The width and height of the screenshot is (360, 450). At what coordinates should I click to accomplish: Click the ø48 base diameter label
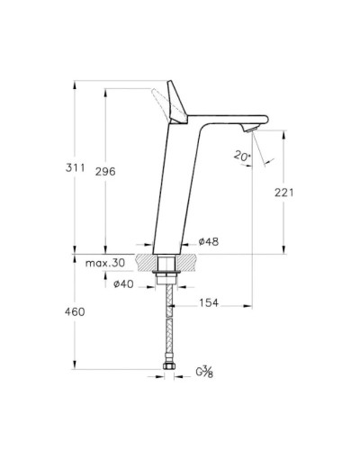pyautogui.click(x=208, y=242)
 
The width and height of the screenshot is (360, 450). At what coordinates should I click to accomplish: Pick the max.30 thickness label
pyautogui.click(x=105, y=262)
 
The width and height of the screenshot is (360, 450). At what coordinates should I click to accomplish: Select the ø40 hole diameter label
pyautogui.click(x=125, y=284)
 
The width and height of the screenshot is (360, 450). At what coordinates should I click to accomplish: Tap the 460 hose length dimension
pyautogui.click(x=74, y=311)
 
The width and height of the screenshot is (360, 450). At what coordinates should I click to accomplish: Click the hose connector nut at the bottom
pyautogui.click(x=166, y=368)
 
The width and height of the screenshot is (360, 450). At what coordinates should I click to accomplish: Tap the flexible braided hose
pyautogui.click(x=166, y=324)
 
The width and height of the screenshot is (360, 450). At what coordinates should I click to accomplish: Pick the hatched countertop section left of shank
pyautogui.click(x=146, y=262)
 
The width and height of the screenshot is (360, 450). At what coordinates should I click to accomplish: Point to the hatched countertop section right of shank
pyautogui.click(x=185, y=262)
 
